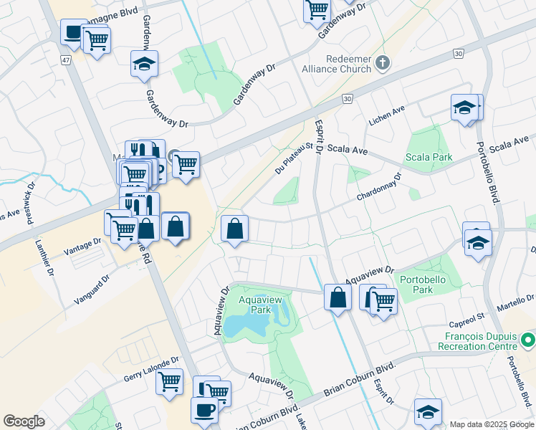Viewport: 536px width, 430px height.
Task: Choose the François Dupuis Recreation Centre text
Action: coord(477,345)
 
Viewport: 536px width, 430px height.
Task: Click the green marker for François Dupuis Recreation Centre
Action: coord(528,338)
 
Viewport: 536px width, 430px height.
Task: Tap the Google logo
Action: coord(24,421)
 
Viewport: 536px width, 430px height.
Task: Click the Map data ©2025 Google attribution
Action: coord(491,424)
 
